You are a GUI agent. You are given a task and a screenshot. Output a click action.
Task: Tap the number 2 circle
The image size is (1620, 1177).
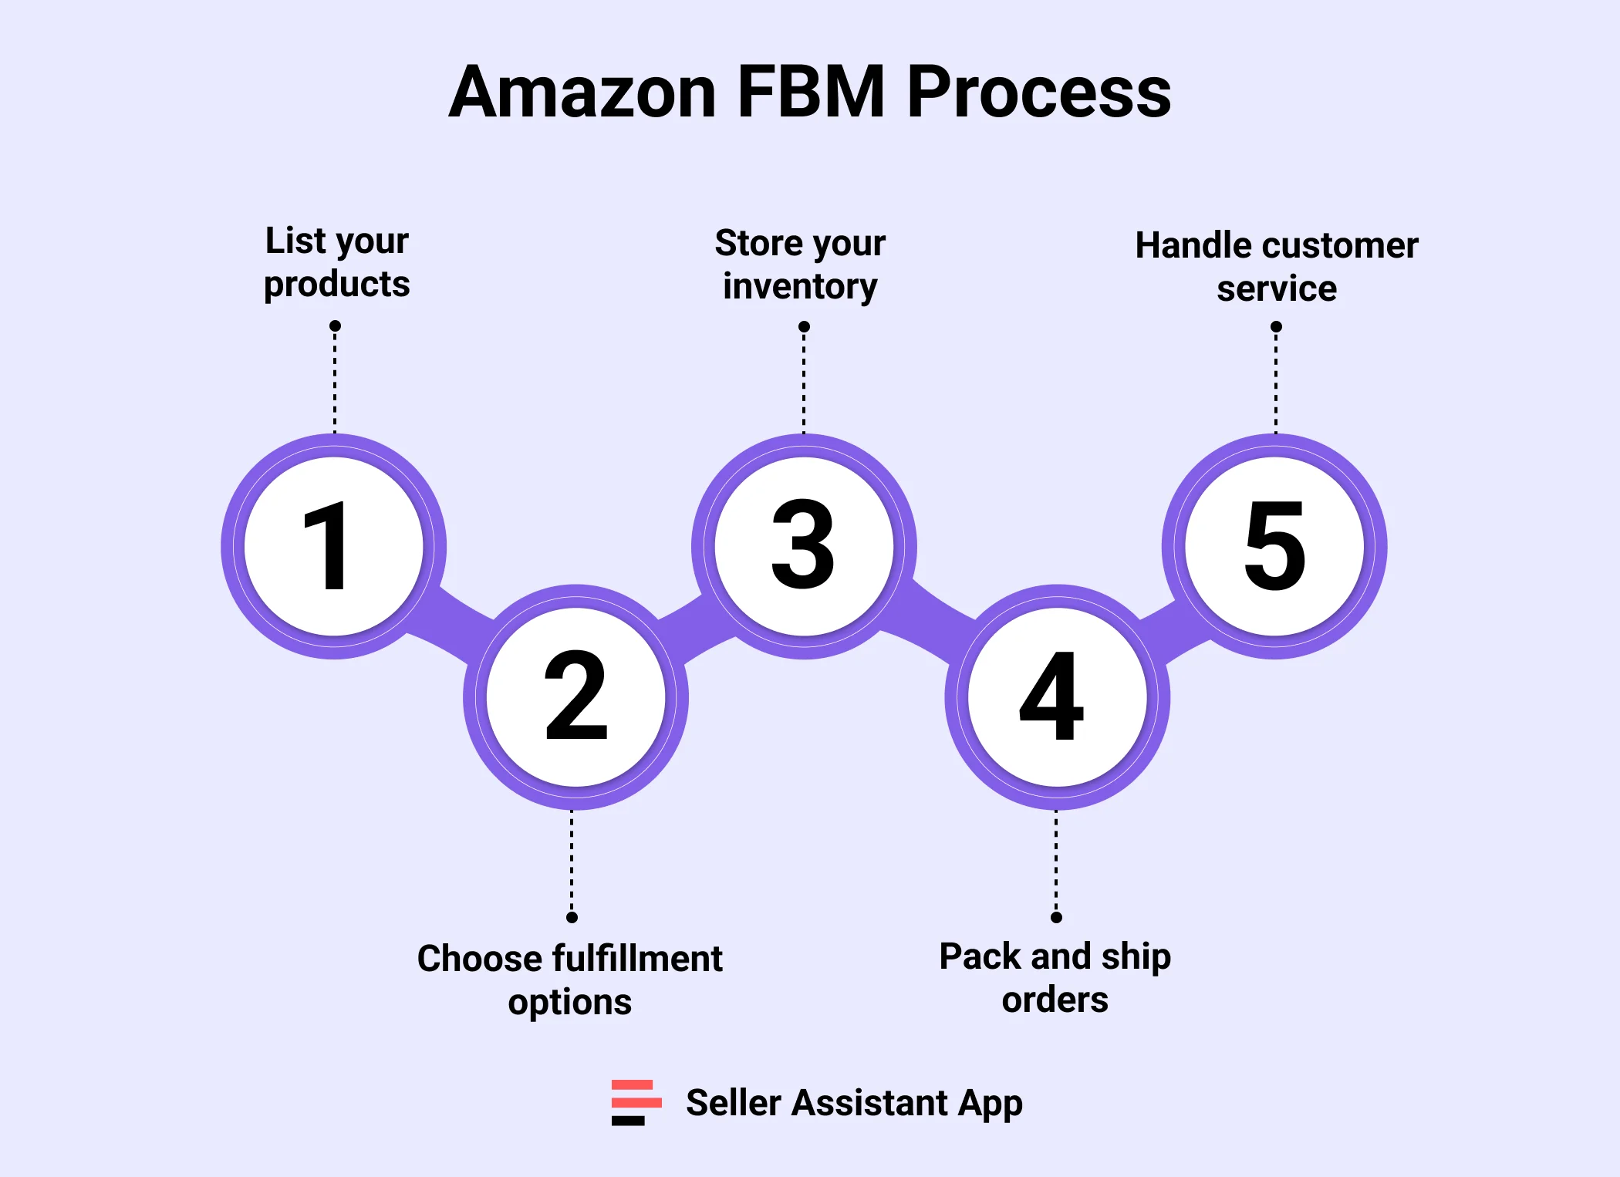point(575,696)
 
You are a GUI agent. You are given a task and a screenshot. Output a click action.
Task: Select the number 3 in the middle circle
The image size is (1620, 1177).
point(803,545)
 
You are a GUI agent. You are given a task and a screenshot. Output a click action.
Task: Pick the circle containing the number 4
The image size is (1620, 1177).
point(1056,696)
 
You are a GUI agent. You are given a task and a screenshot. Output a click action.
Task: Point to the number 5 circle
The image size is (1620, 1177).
point(1274,545)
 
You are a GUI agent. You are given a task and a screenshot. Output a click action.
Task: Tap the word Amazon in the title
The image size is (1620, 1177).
point(583,92)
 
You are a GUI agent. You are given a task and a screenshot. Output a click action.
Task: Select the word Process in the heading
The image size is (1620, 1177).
point(1038,92)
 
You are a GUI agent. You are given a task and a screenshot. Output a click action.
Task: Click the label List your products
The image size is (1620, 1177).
point(336,262)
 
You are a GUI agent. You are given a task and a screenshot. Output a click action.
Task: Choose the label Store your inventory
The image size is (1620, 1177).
point(800,265)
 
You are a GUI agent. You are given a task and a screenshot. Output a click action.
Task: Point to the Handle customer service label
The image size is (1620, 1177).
point(1276,267)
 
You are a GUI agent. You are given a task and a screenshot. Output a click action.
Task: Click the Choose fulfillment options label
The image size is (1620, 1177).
point(570,980)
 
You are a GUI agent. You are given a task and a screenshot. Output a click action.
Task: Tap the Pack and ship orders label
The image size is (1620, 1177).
point(1055,977)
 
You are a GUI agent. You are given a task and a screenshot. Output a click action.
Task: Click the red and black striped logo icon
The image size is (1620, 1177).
point(636,1102)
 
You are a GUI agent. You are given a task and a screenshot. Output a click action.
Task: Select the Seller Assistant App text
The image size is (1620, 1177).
point(854,1102)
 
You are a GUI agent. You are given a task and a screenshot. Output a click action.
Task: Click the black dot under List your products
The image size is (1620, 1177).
point(335,326)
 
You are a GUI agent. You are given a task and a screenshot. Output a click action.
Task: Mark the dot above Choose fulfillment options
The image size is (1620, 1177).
point(572,917)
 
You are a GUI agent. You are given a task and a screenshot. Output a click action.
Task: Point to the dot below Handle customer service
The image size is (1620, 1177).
point(1276,327)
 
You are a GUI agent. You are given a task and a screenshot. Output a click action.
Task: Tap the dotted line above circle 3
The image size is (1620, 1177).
point(804,382)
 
